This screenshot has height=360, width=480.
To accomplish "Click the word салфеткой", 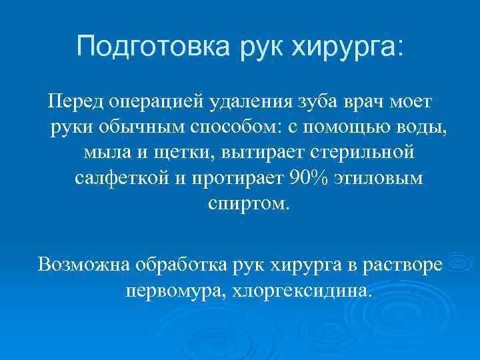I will [121, 178].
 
